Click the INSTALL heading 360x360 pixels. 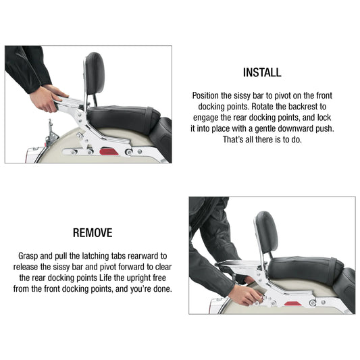(x=262, y=72)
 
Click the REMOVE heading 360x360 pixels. (x=92, y=233)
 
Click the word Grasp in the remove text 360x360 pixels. (x=30, y=256)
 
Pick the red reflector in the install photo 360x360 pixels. (x=107, y=152)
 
